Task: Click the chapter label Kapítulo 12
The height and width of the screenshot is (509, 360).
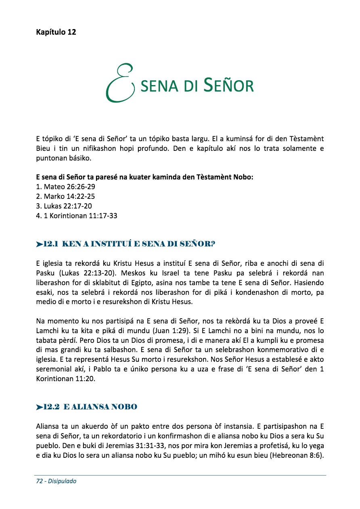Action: pyautogui.click(x=56, y=32)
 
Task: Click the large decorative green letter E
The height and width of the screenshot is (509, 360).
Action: pyautogui.click(x=119, y=83)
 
